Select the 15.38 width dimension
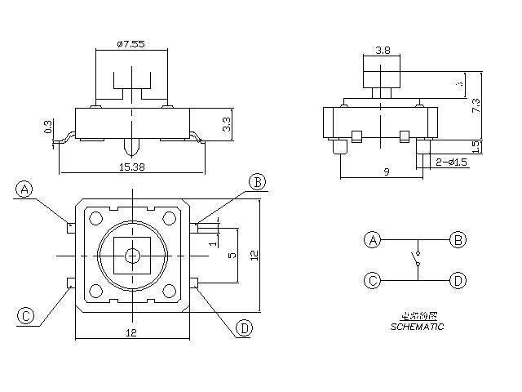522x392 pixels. pyautogui.click(x=132, y=166)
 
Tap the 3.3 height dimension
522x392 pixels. pyautogui.click(x=228, y=124)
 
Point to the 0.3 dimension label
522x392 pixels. pyautogui.click(x=48, y=128)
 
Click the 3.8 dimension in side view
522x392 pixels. pyautogui.click(x=382, y=51)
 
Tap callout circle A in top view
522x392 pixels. pyautogui.click(x=24, y=189)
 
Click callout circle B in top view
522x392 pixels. pyautogui.click(x=256, y=181)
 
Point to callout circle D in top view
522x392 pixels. pyautogui.click(x=244, y=328)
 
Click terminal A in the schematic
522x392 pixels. pyautogui.click(x=373, y=240)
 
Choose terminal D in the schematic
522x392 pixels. pyautogui.click(x=458, y=281)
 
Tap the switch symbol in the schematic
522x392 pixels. pyautogui.click(x=416, y=261)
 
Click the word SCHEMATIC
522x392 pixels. pyautogui.click(x=417, y=327)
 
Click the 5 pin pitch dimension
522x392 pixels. pyautogui.click(x=232, y=256)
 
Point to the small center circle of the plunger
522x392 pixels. pyautogui.click(x=132, y=256)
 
